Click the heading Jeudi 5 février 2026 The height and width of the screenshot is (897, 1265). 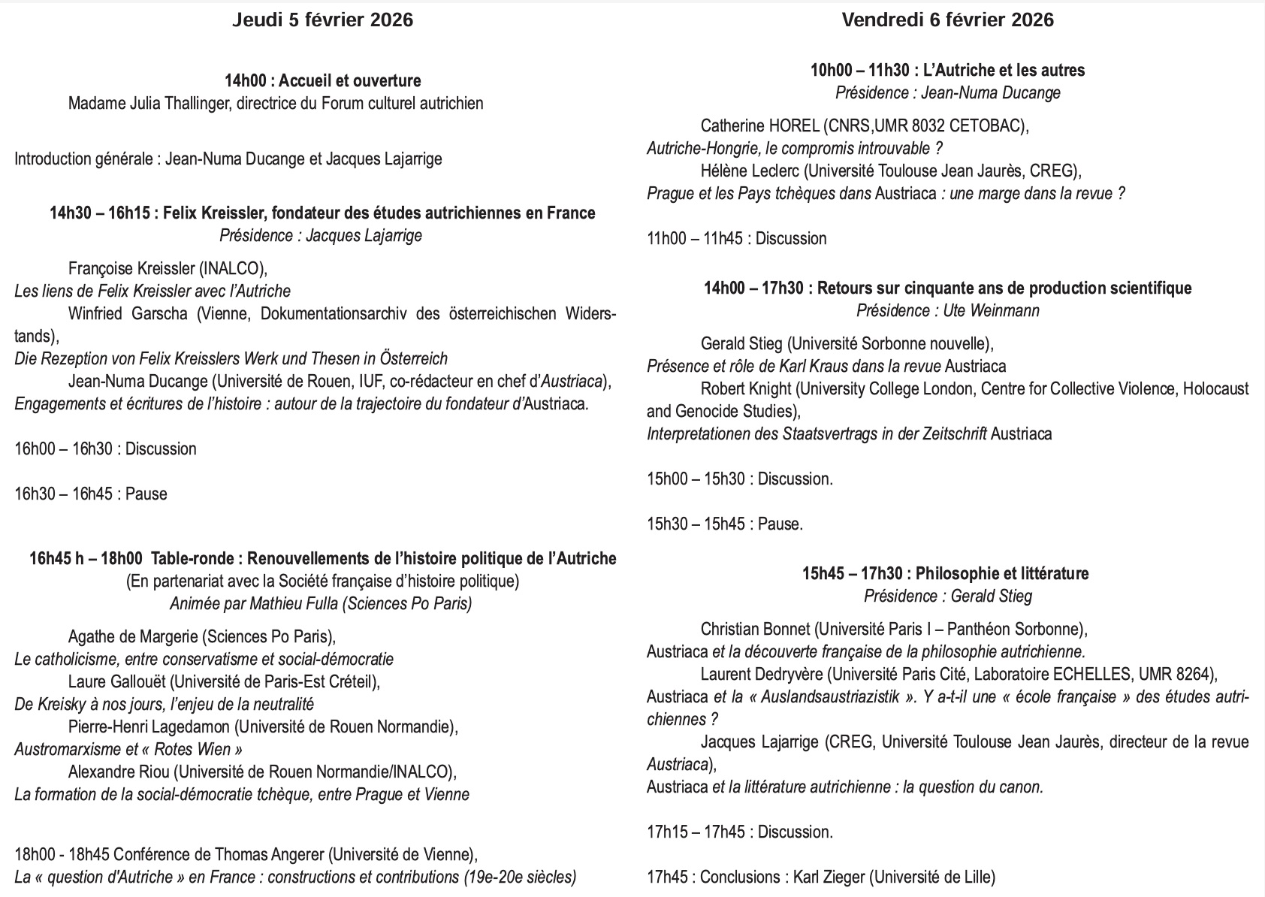pyautogui.click(x=322, y=20)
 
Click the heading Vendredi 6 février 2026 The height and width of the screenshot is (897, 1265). pyautogui.click(x=947, y=20)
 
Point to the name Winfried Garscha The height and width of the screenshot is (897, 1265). pyautogui.click(x=128, y=313)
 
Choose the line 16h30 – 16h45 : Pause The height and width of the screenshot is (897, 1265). pyautogui.click(x=91, y=494)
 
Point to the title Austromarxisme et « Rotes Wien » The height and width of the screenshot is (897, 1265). pyautogui.click(x=128, y=749)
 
